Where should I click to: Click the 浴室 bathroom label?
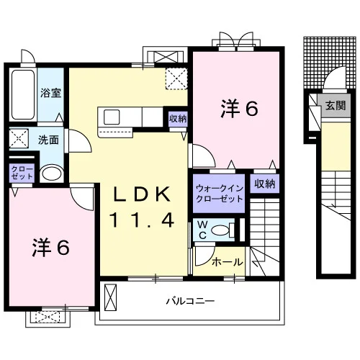click(x=50, y=93)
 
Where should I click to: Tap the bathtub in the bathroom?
click(x=23, y=94)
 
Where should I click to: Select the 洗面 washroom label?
click(x=49, y=140)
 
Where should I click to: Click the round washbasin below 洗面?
click(x=51, y=173)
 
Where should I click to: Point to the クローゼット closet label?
click(x=22, y=172)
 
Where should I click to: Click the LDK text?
click(x=142, y=194)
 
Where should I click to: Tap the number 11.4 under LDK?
click(x=142, y=220)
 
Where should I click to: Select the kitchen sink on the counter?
click(x=112, y=117)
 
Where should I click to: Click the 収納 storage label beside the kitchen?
click(x=178, y=118)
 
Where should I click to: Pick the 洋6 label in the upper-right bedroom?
click(x=239, y=109)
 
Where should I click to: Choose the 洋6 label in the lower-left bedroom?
click(x=51, y=247)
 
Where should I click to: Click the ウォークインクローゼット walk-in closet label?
click(x=220, y=194)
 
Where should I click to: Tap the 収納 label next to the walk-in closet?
click(x=265, y=184)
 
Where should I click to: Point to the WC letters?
click(x=203, y=230)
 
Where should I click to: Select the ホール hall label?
click(x=228, y=262)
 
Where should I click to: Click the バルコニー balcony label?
click(x=190, y=301)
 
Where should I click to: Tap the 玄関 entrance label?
click(x=336, y=105)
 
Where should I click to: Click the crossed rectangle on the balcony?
click(x=111, y=297)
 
